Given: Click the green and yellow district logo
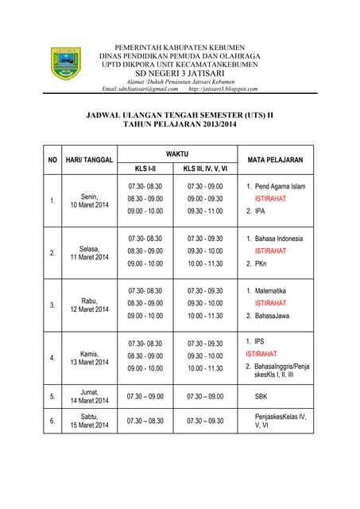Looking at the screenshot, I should point(66,63).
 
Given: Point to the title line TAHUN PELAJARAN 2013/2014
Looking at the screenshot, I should point(179,125).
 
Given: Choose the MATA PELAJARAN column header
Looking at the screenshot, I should point(275,160).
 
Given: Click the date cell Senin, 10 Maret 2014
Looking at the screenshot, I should point(89,200).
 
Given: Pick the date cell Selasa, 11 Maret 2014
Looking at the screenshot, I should point(89,253).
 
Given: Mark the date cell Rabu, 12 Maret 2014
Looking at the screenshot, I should point(89,305).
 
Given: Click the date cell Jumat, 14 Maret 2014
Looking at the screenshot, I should point(89,396).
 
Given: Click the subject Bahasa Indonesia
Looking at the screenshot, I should point(278,239).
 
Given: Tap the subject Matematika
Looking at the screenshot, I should point(270,291).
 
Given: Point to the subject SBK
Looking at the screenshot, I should point(261,396).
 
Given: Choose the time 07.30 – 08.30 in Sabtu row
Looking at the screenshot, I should point(145,421).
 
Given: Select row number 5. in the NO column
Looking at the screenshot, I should point(52,396).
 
